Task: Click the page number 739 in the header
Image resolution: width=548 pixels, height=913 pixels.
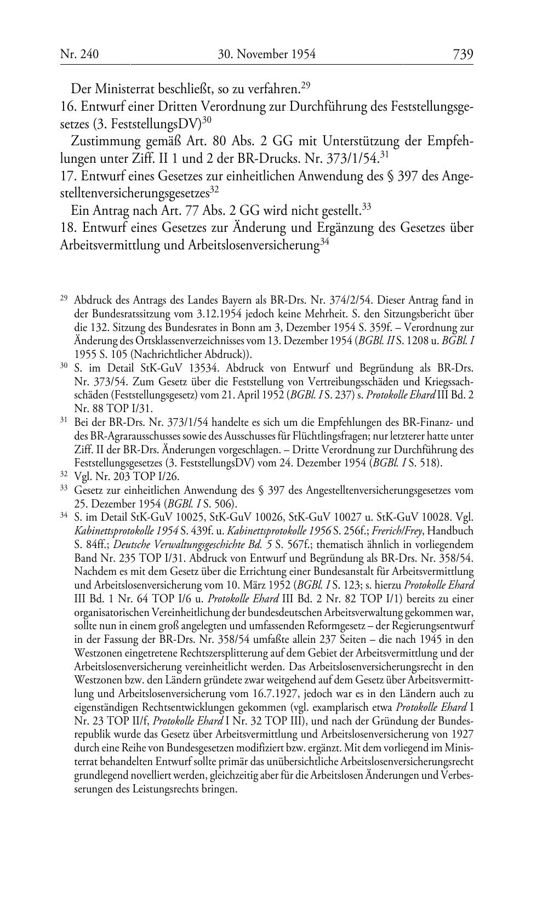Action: click(x=463, y=54)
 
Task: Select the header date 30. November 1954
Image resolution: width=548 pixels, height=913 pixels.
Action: click(x=267, y=54)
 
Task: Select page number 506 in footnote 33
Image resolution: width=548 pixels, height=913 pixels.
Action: click(x=224, y=503)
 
